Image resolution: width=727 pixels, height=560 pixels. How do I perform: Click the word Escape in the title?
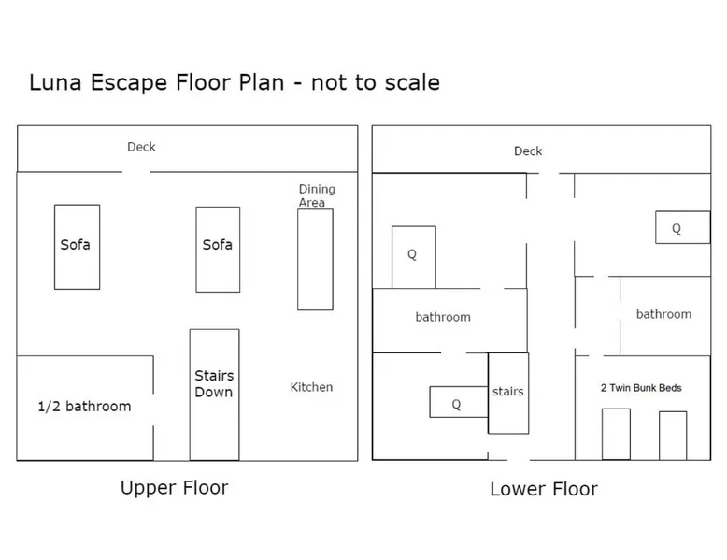129,83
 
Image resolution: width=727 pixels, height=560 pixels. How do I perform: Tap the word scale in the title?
412,83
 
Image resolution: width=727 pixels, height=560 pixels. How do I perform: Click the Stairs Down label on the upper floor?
214,383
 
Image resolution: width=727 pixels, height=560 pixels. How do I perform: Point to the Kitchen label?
311,387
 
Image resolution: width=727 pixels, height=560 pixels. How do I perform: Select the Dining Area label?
317,195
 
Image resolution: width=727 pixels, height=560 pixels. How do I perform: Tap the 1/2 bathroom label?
84,407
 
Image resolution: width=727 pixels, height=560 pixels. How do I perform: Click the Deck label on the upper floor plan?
141,147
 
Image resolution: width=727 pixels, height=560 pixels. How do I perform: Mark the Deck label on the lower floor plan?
528,151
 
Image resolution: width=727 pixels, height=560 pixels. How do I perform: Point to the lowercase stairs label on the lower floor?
508,392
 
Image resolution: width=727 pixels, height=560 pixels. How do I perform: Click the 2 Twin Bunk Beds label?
641,388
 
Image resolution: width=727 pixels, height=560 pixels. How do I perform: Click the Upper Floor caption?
175,488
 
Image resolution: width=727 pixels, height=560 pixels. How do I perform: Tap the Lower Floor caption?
544,489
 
